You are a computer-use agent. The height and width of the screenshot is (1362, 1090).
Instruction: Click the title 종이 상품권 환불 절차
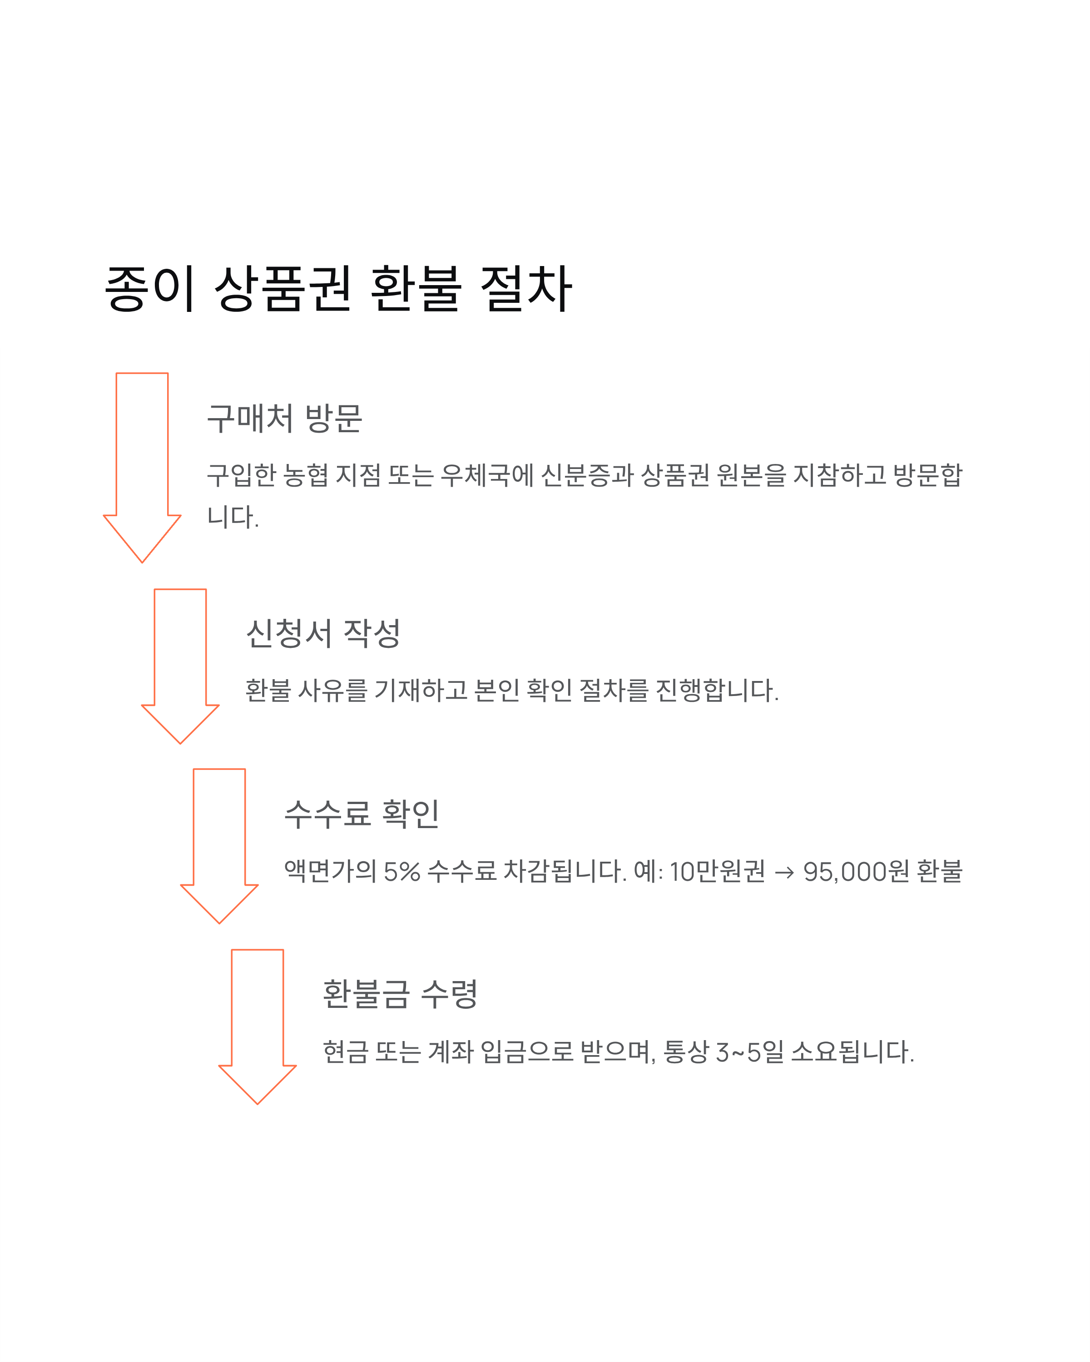click(338, 289)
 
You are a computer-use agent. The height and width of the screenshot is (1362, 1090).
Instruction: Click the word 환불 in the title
click(416, 289)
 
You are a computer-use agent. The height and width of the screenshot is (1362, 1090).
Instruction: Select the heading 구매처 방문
click(284, 418)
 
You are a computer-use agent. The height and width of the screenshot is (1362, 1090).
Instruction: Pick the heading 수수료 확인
click(362, 814)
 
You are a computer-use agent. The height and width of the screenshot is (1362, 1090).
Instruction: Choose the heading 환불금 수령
click(400, 994)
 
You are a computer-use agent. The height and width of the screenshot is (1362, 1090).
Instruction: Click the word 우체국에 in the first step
click(487, 475)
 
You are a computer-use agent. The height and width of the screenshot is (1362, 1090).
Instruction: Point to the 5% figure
click(402, 872)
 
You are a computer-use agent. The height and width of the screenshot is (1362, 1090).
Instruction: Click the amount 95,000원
click(856, 872)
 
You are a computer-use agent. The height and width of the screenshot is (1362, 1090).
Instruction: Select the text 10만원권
click(717, 872)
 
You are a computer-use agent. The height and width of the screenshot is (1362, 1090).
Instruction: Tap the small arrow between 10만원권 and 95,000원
click(784, 873)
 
